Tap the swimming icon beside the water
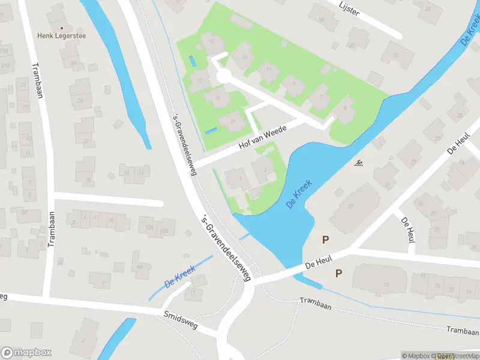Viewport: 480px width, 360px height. [359, 163]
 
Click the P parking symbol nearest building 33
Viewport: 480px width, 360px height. [325, 239]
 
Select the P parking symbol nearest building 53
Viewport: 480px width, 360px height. [338, 273]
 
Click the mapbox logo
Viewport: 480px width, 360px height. [27, 353]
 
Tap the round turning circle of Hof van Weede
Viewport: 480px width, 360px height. [223, 76]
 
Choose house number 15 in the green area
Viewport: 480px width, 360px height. [211, 44]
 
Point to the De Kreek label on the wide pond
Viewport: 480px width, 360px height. [299, 194]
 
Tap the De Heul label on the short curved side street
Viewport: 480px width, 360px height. [409, 226]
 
